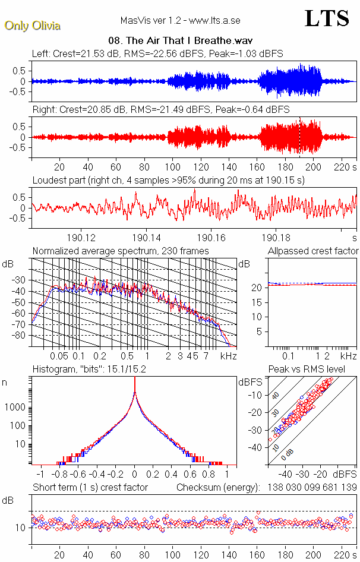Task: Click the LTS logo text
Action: pos(327,18)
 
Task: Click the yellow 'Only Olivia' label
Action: pos(33,26)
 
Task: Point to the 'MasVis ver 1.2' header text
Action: pos(146,20)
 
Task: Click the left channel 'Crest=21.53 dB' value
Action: pos(86,53)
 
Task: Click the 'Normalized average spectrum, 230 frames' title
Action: pos(121,251)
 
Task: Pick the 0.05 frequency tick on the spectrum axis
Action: pos(59,356)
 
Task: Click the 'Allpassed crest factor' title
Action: pos(312,251)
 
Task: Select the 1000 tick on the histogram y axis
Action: pos(18,407)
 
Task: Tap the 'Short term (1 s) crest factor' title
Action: pos(90,487)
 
